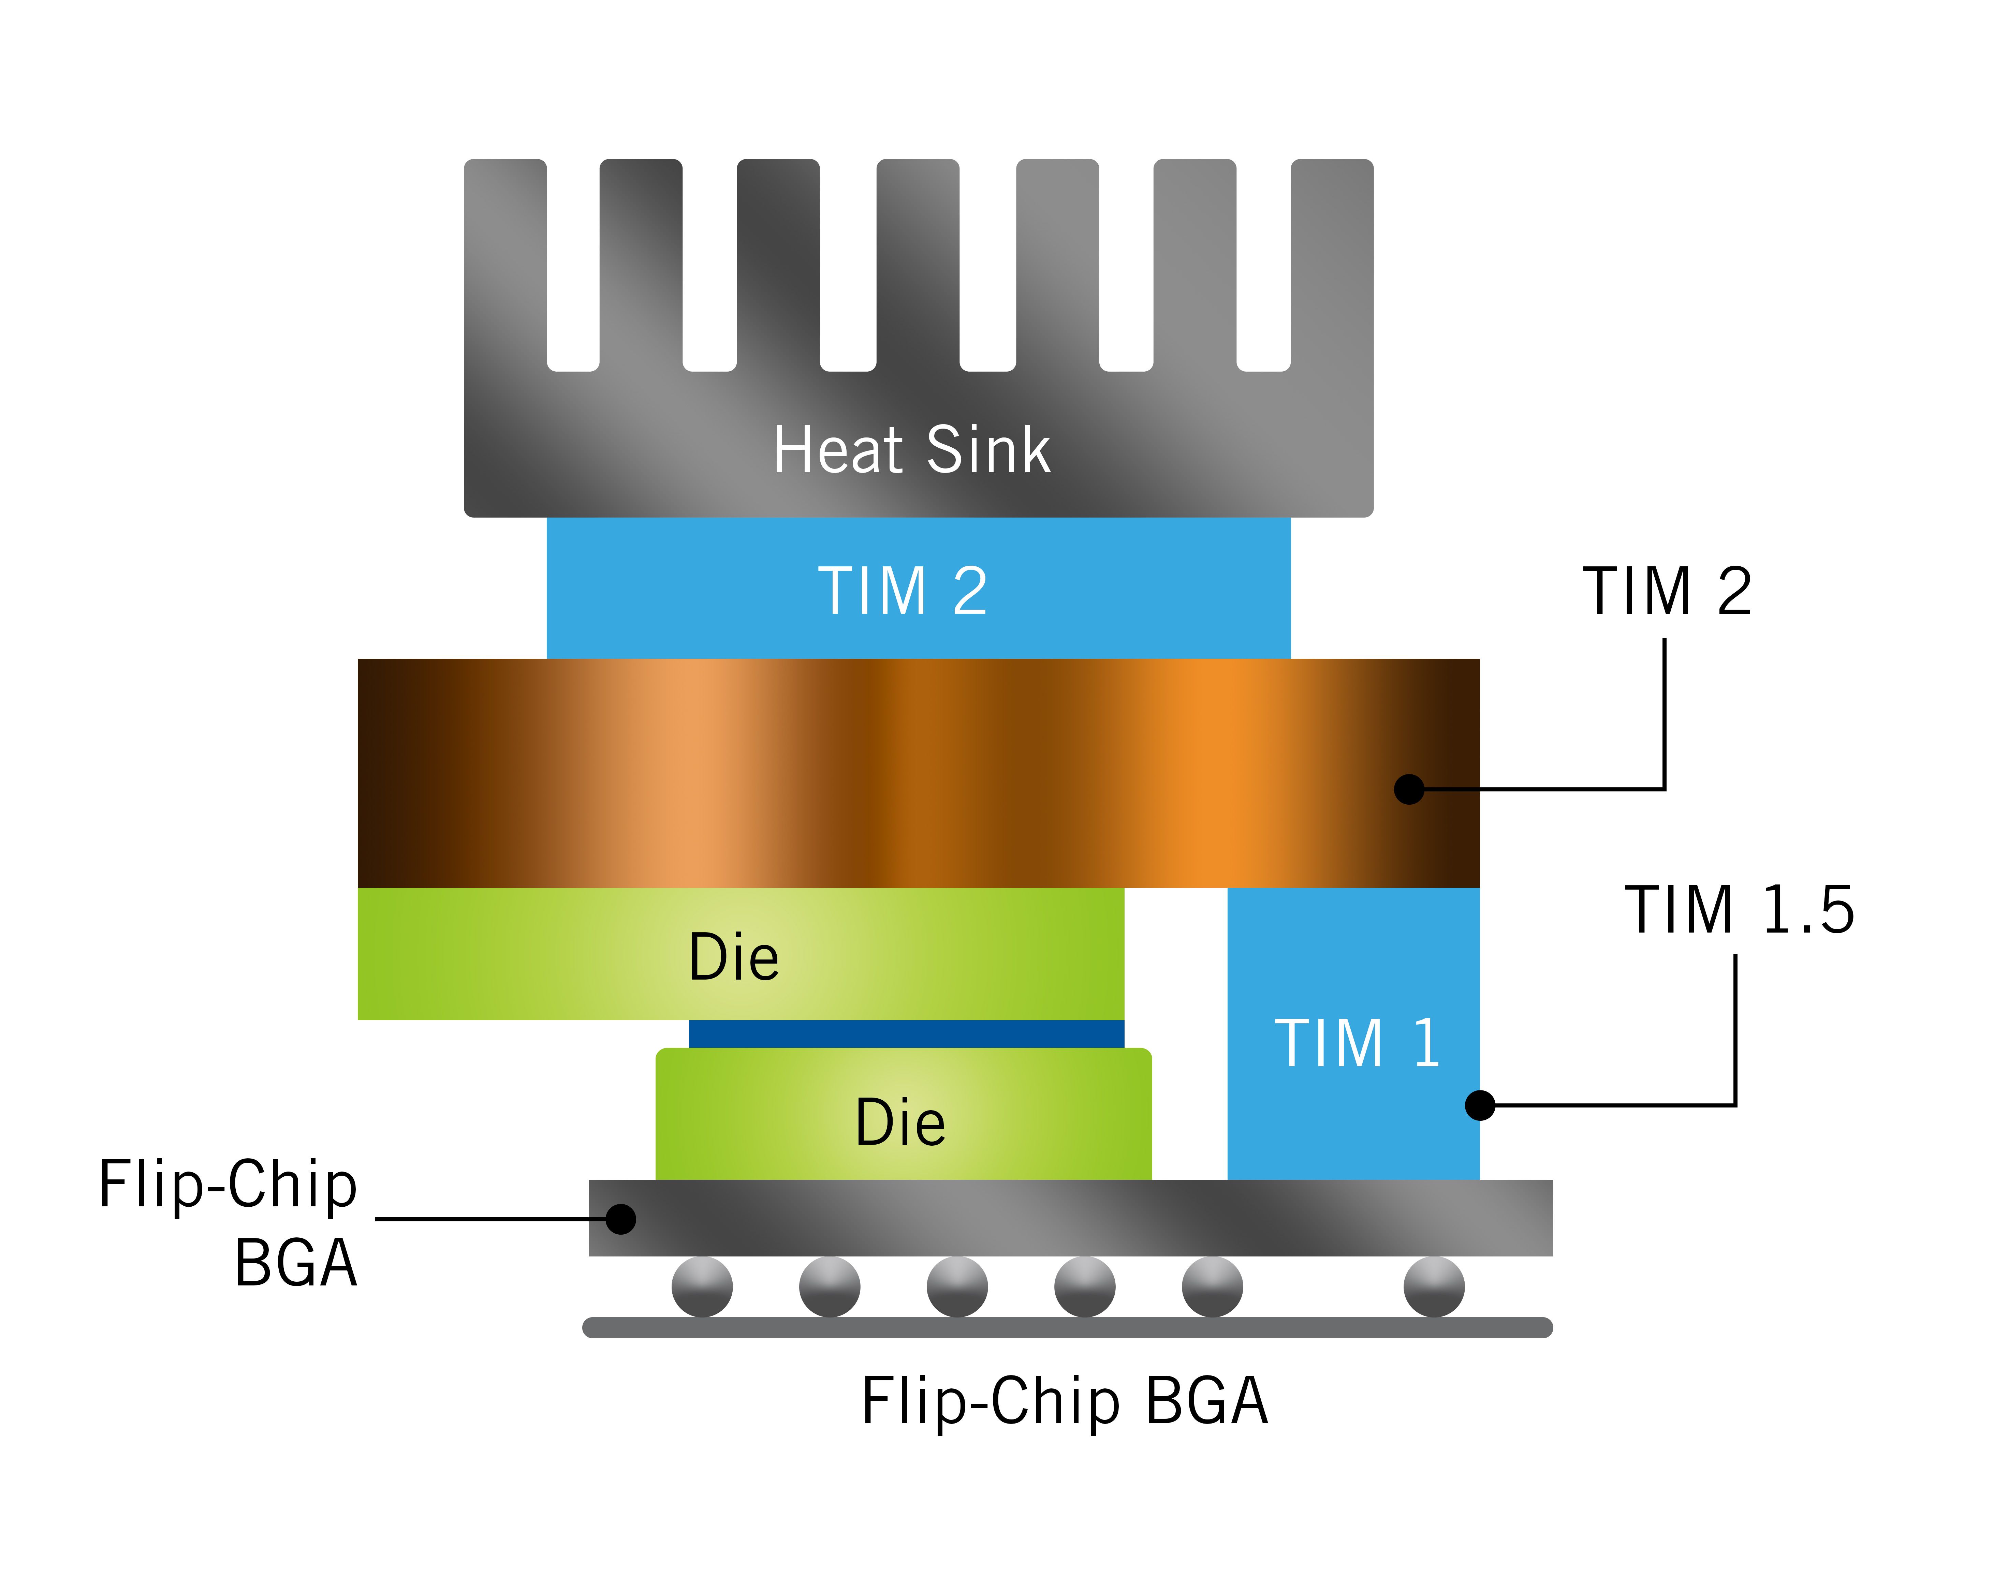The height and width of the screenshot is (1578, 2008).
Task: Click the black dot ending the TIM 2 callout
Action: (x=1408, y=789)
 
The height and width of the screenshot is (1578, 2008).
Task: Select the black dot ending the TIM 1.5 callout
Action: (x=1479, y=1105)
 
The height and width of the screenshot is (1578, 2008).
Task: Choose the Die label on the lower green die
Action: (x=900, y=1122)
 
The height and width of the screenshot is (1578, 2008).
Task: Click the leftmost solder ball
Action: (x=701, y=1286)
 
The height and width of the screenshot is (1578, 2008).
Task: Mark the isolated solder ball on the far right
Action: (x=1433, y=1286)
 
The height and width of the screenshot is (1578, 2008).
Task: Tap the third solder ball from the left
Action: (x=956, y=1286)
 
